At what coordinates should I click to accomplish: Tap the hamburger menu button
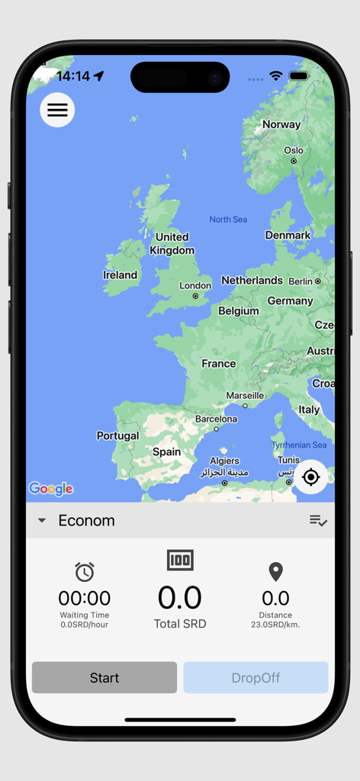[57, 110]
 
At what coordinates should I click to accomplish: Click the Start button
[104, 677]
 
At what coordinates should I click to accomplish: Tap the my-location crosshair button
[310, 477]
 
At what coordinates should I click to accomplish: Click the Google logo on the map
[51, 489]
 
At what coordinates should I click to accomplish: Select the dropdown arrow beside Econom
[42, 521]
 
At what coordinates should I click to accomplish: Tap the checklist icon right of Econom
[318, 521]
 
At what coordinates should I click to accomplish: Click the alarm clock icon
[85, 572]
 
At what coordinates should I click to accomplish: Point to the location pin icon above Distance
[275, 572]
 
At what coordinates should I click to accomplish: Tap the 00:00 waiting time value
[85, 598]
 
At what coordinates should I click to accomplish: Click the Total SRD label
[180, 624]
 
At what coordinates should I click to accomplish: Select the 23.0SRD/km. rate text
[275, 625]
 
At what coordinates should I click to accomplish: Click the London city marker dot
[195, 296]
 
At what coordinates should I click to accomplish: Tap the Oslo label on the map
[294, 150]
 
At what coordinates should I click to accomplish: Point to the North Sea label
[228, 220]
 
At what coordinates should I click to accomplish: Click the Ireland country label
[121, 275]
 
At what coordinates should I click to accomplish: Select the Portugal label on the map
[117, 435]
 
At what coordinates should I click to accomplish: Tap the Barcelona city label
[216, 419]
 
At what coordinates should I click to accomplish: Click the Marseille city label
[245, 396]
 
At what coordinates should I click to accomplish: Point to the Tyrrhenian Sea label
[299, 445]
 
